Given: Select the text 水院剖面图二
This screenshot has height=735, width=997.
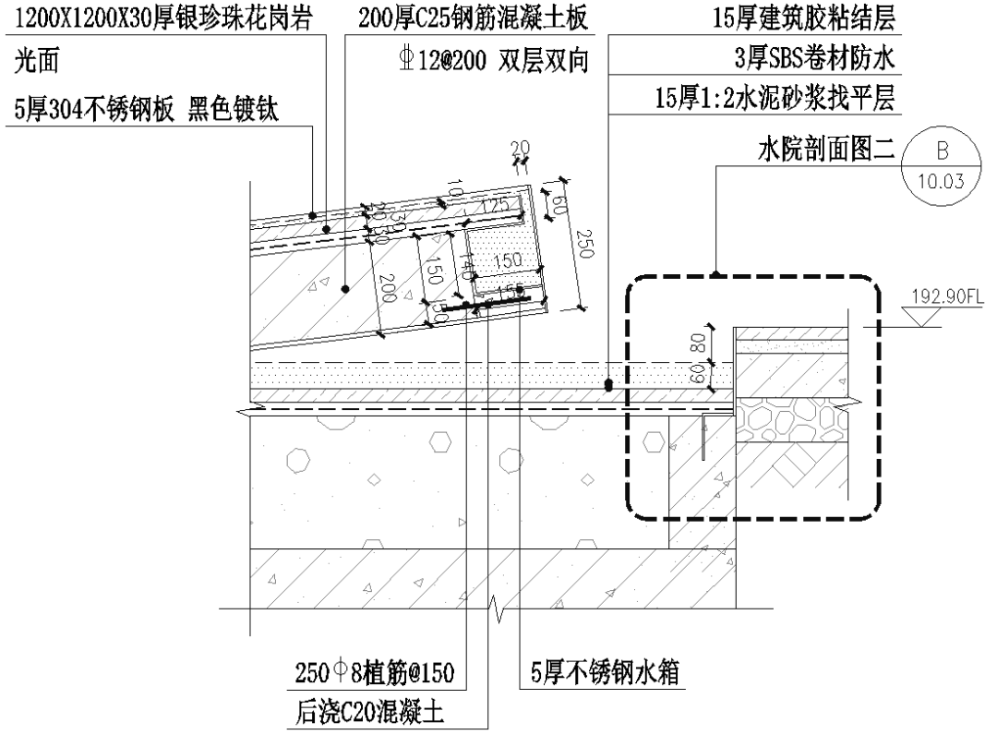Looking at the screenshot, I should click(x=820, y=150).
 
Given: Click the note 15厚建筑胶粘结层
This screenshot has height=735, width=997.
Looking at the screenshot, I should click(x=804, y=17).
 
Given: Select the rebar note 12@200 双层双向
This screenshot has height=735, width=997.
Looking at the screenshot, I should click(x=489, y=60).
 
